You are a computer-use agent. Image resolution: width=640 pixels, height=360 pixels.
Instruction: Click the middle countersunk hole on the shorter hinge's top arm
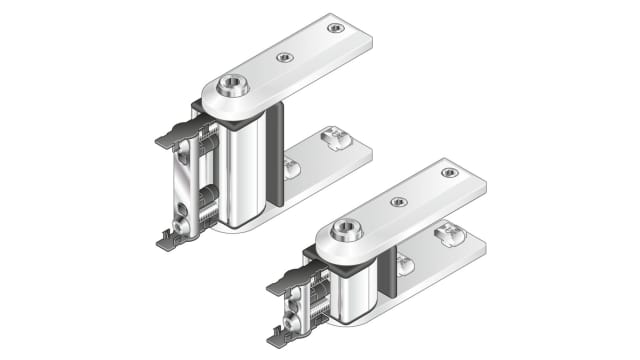tap(398, 201)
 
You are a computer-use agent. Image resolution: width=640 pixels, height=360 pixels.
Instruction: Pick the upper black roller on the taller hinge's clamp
tap(206, 146)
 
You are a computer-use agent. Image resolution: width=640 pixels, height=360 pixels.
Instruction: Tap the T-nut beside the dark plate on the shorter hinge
tap(404, 264)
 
